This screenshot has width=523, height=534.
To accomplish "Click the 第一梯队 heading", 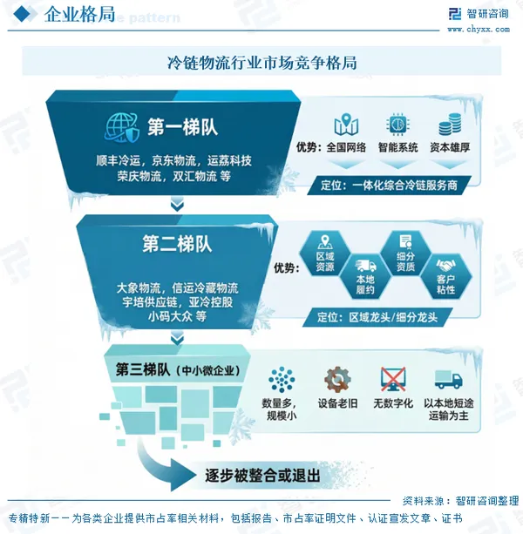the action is click(182, 127).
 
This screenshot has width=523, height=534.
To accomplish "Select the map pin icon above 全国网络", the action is click(346, 124).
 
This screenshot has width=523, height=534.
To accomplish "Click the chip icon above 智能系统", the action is click(397, 124).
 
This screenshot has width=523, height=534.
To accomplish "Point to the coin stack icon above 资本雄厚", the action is click(450, 124).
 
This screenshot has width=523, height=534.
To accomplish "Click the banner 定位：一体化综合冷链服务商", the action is click(389, 186).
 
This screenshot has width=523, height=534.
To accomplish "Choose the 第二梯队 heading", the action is click(177, 244).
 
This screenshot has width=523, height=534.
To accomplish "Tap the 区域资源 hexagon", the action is click(325, 253).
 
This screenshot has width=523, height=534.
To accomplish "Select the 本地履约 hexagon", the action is click(365, 276).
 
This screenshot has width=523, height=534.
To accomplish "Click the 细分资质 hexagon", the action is click(405, 253).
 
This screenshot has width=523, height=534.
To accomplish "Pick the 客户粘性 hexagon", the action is click(446, 276).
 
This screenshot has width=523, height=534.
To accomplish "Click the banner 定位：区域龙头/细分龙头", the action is click(377, 317).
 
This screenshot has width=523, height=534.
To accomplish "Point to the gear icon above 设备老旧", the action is click(337, 380).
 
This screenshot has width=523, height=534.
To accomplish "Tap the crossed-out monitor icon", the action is click(393, 380).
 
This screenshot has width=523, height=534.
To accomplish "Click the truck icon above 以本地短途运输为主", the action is click(448, 380).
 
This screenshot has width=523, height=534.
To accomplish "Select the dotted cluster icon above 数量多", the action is click(282, 380).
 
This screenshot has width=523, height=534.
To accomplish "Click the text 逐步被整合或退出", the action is click(262, 476).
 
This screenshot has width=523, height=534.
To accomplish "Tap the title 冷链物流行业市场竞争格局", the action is click(261, 63).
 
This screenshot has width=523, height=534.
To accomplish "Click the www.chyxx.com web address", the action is click(479, 30).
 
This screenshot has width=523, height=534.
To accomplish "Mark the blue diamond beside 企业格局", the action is click(22, 14).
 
